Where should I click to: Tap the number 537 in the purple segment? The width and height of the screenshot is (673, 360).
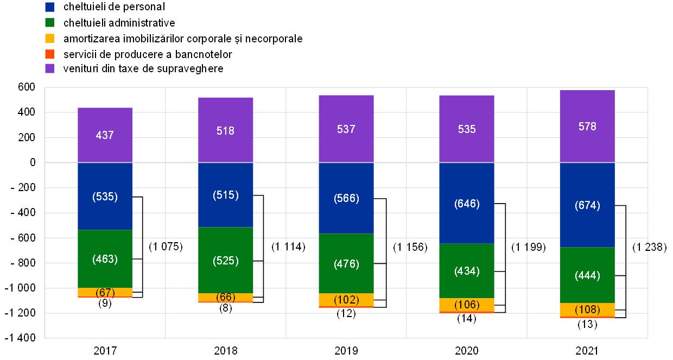(x=346, y=129)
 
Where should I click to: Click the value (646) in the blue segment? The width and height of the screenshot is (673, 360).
(x=467, y=204)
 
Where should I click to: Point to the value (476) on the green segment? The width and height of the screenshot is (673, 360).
(x=346, y=264)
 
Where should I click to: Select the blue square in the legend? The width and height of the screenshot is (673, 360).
(x=49, y=7)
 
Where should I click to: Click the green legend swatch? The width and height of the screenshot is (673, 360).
(x=49, y=22)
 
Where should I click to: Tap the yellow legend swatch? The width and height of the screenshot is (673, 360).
(x=49, y=38)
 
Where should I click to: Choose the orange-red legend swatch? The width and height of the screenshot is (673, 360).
(x=49, y=54)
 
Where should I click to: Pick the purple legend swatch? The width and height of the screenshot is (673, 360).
(x=49, y=68)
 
